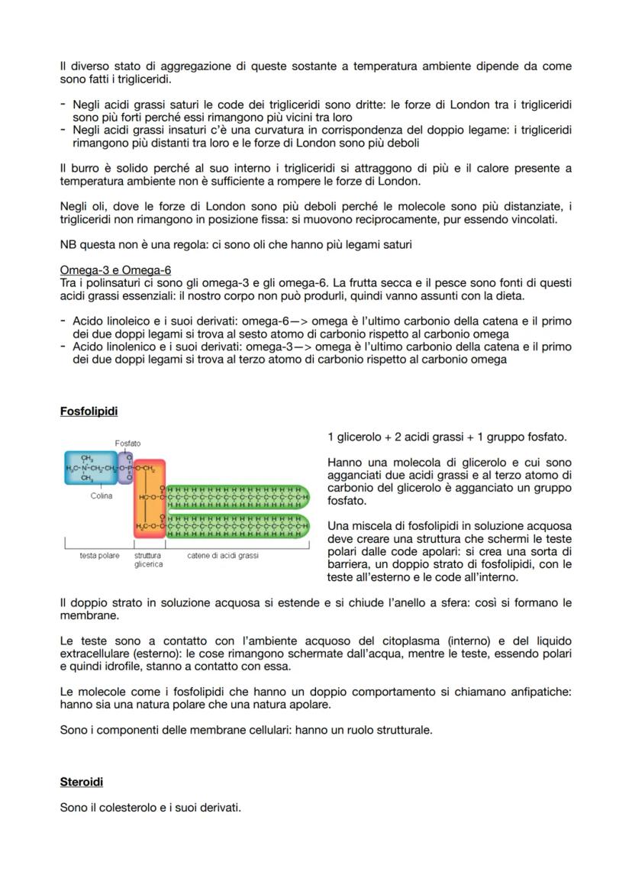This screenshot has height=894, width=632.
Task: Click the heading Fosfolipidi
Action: tap(89, 411)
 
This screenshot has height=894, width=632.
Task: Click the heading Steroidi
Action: tap(81, 782)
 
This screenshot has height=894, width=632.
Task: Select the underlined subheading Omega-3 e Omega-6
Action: tap(115, 270)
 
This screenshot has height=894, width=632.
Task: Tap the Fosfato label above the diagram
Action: tap(127, 443)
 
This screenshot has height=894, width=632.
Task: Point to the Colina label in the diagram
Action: tap(101, 495)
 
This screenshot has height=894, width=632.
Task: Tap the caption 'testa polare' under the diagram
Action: tap(99, 556)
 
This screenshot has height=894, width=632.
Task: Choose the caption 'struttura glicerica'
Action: tap(148, 560)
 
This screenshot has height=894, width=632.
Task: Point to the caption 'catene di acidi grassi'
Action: tap(223, 556)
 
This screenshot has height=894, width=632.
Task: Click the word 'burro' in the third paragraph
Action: tap(83, 168)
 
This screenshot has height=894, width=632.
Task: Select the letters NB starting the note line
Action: tap(68, 245)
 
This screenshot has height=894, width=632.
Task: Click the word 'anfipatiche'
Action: tap(539, 692)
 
